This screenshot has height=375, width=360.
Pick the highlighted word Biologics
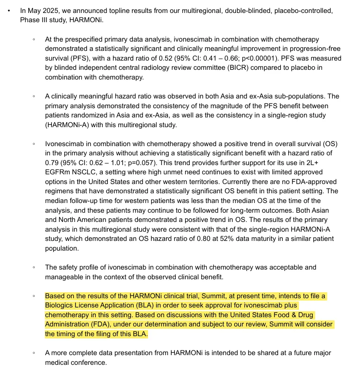[x=60, y=306]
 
